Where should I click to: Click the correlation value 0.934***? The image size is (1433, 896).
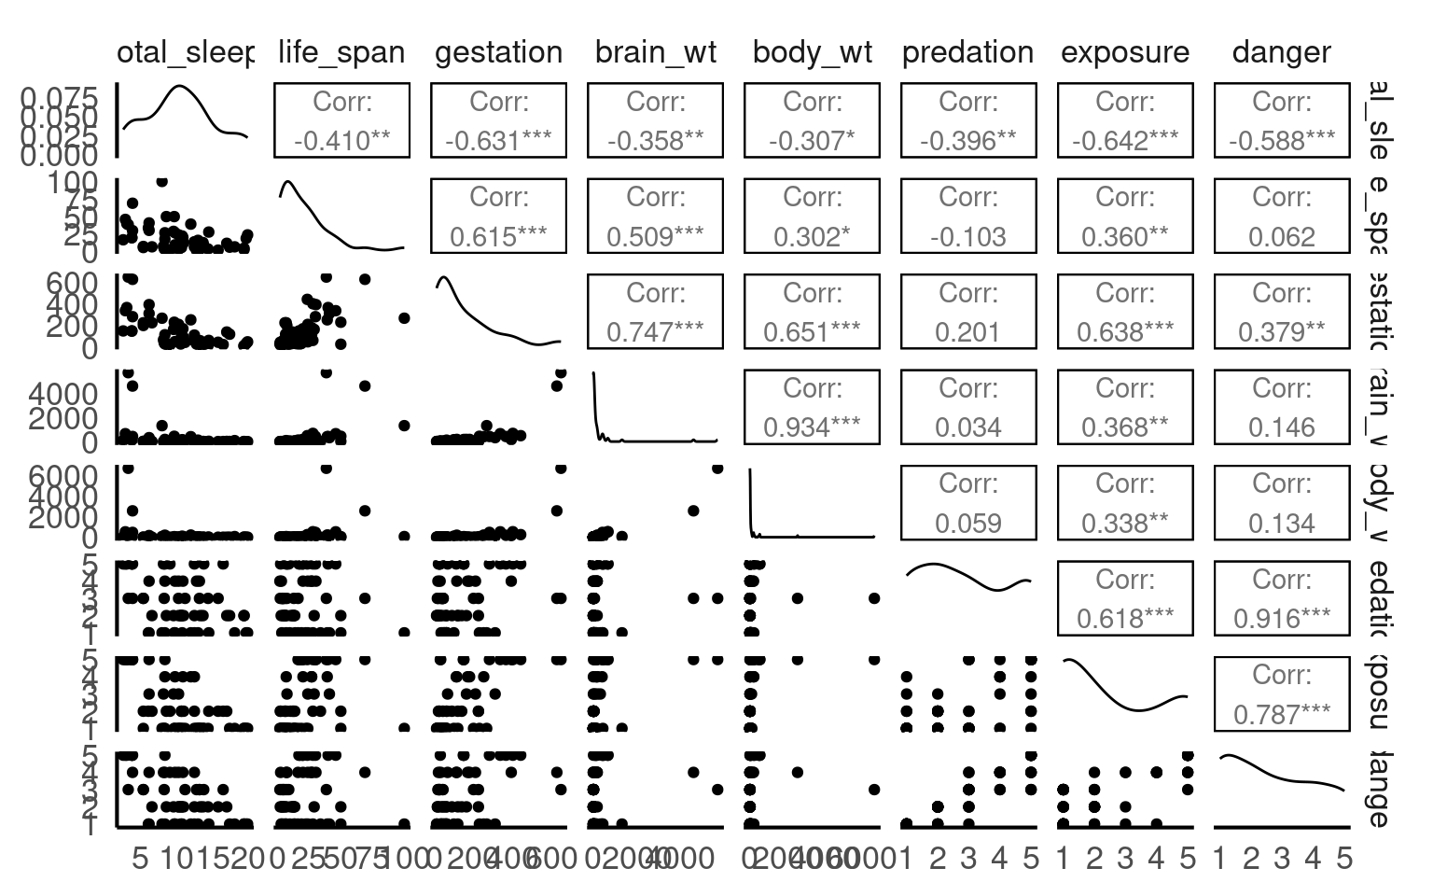click(x=812, y=427)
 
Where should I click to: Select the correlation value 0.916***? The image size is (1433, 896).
click(x=1282, y=619)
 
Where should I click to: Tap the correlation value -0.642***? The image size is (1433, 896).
click(x=1125, y=141)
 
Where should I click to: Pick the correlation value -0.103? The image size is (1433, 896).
click(x=968, y=237)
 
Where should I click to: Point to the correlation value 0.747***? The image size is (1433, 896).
click(x=655, y=332)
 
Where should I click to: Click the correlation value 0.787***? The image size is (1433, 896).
click(x=1282, y=714)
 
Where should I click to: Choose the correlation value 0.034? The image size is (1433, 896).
click(x=968, y=427)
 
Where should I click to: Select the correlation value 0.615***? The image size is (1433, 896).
click(x=498, y=237)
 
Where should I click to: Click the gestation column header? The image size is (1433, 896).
click(x=498, y=52)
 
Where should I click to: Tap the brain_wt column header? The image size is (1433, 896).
click(x=655, y=52)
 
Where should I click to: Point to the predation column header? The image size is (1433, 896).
click(x=968, y=52)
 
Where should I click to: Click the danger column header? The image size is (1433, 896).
click(x=1282, y=52)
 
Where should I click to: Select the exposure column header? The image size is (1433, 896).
click(x=1125, y=52)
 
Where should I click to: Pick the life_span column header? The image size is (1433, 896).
click(x=341, y=52)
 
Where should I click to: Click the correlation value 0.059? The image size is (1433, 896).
click(x=968, y=524)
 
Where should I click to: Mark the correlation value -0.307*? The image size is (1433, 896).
click(x=812, y=141)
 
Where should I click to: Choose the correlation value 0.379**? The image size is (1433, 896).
click(x=1282, y=332)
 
